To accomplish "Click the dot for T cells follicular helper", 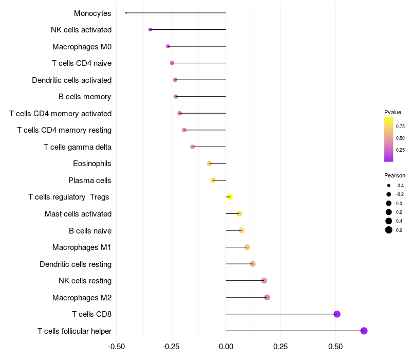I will [x=364, y=331].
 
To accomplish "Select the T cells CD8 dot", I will [x=337, y=314].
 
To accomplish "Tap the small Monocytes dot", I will [x=126, y=13].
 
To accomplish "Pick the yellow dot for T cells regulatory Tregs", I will [x=230, y=197].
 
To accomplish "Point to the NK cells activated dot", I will [x=150, y=30].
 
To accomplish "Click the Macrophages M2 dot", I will [x=267, y=297].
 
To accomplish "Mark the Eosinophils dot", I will [x=209, y=164].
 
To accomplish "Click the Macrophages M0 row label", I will [x=82, y=47].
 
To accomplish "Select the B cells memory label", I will [x=85, y=97].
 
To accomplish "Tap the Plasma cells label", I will [x=89, y=181].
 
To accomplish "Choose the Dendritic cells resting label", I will [x=76, y=264].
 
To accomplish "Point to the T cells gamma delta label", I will [x=78, y=147].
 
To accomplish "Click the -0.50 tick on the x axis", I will [x=117, y=347].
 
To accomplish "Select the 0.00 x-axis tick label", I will [x=226, y=347].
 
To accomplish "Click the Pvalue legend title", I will [x=393, y=112].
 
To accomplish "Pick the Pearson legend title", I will [x=395, y=175].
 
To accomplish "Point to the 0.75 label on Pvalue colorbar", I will [x=400, y=126].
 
